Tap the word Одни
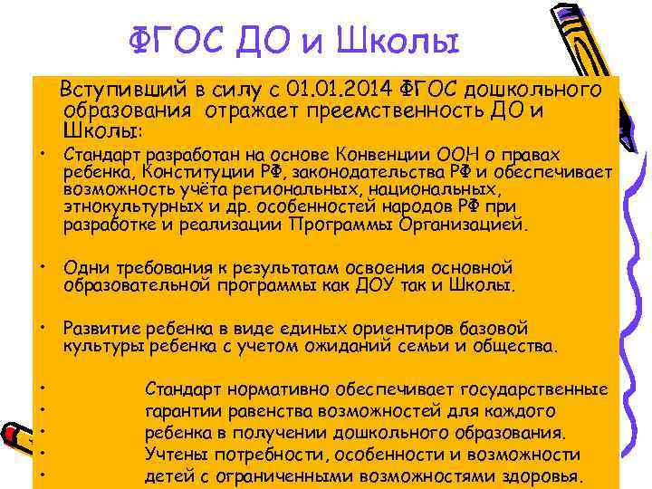84,268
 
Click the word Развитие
100,329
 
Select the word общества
517,346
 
